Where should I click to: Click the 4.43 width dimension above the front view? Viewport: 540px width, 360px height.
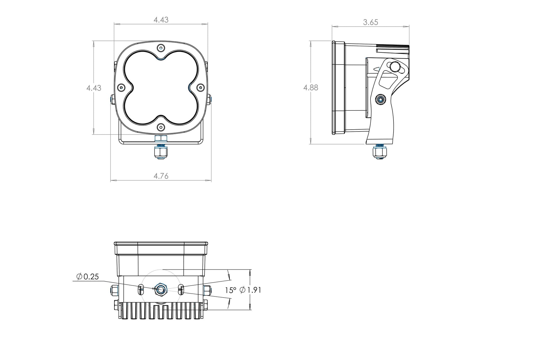[x=161, y=20]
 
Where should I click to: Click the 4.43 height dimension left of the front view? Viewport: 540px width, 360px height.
[x=94, y=88]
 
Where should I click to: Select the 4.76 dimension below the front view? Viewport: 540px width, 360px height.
[x=161, y=176]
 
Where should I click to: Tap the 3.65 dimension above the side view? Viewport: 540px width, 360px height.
[x=370, y=22]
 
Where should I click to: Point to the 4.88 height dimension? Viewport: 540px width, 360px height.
[x=311, y=88]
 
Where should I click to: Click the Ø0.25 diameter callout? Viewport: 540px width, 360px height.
[x=87, y=277]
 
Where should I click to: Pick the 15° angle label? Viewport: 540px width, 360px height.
[x=230, y=290]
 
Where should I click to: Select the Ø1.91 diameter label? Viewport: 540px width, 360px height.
[x=250, y=290]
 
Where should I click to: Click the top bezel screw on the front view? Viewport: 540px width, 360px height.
[x=161, y=48]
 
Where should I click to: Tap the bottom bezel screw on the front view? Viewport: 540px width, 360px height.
[x=161, y=127]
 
